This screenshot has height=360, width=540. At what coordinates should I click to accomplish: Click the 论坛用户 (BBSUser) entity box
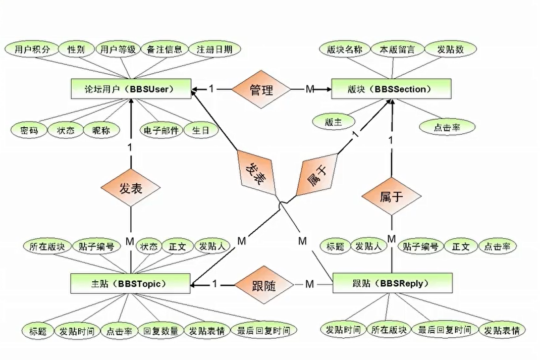(130, 89)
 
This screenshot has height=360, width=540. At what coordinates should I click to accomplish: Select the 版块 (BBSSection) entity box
(391, 89)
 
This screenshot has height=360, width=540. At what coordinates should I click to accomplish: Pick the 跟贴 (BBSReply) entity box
(392, 283)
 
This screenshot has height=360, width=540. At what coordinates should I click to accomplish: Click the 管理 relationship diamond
(261, 90)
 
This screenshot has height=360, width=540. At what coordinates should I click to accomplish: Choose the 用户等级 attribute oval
(117, 49)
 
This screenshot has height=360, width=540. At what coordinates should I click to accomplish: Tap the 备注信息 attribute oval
(165, 49)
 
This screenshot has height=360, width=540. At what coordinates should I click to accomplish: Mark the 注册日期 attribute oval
(214, 49)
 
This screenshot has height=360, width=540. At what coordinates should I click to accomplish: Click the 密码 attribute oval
(29, 130)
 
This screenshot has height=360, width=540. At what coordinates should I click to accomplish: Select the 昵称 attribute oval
(102, 130)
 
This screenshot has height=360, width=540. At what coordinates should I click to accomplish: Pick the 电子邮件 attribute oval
(160, 130)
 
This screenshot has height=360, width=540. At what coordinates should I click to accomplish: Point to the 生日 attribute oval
(201, 130)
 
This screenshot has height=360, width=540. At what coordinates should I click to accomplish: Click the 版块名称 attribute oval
(345, 49)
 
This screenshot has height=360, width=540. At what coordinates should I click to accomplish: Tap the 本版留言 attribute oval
(397, 49)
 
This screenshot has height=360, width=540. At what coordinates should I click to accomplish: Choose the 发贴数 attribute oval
(450, 49)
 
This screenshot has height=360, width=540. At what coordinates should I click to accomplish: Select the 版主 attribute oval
(334, 121)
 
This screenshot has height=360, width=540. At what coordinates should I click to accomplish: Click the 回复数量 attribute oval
(160, 331)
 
